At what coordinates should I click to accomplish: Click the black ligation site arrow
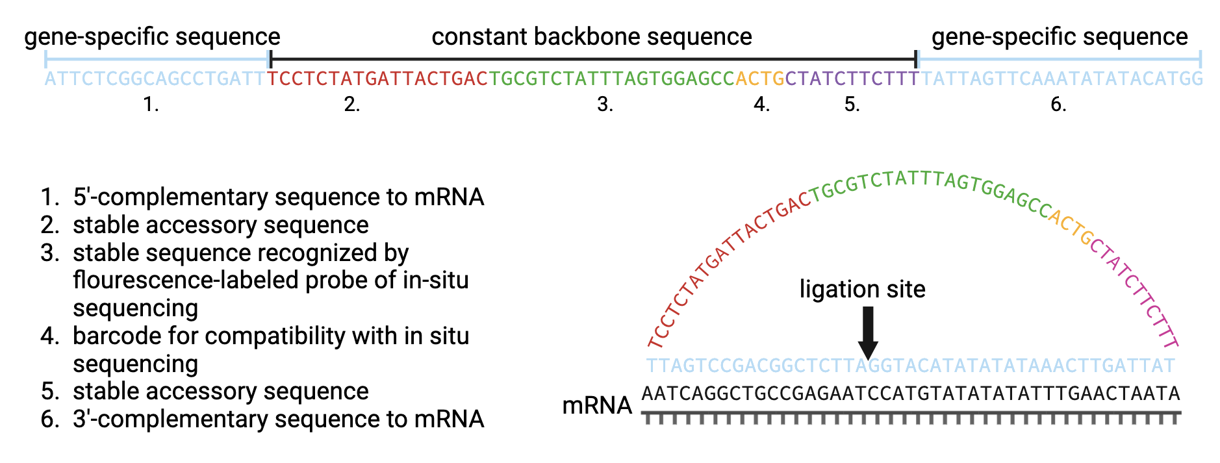(x=868, y=332)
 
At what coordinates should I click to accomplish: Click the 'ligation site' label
(x=862, y=289)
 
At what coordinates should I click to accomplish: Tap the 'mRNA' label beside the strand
(x=596, y=405)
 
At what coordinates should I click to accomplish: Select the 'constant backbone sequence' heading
(x=591, y=37)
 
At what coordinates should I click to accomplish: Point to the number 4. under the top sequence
(x=761, y=105)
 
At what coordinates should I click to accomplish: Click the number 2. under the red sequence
(x=352, y=105)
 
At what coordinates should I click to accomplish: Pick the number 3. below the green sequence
(x=605, y=105)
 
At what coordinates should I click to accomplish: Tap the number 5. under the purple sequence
(x=852, y=105)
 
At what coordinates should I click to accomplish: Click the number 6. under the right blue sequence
(x=1058, y=105)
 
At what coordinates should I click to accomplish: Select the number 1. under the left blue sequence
(x=151, y=105)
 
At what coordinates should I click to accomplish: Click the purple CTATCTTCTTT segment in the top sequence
(x=852, y=79)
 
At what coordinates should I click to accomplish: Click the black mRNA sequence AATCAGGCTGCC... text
(x=910, y=394)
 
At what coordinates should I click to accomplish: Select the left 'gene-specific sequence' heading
(x=152, y=37)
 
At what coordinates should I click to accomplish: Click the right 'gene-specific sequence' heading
(x=1059, y=37)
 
